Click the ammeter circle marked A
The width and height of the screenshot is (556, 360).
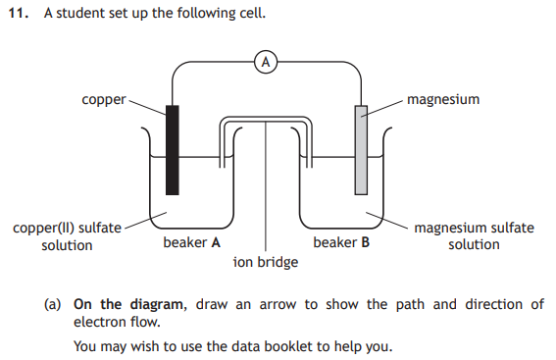(266, 62)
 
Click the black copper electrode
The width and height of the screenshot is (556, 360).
(173, 150)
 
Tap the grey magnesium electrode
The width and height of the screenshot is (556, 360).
(361, 150)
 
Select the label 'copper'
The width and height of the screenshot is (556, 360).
(104, 100)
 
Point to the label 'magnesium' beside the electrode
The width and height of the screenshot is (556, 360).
(443, 99)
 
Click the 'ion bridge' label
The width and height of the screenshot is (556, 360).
(266, 262)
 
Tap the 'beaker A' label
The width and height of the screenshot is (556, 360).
(192, 242)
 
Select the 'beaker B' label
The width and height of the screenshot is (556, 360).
(341, 242)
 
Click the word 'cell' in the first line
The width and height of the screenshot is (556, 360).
(253, 14)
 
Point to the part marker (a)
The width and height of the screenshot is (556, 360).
(53, 305)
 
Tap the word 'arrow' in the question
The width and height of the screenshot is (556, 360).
(278, 305)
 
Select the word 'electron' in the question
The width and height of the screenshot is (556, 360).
(99, 322)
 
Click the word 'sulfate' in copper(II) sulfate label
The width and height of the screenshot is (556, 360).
(100, 228)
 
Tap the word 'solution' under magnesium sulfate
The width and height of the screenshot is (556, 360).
(474, 244)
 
